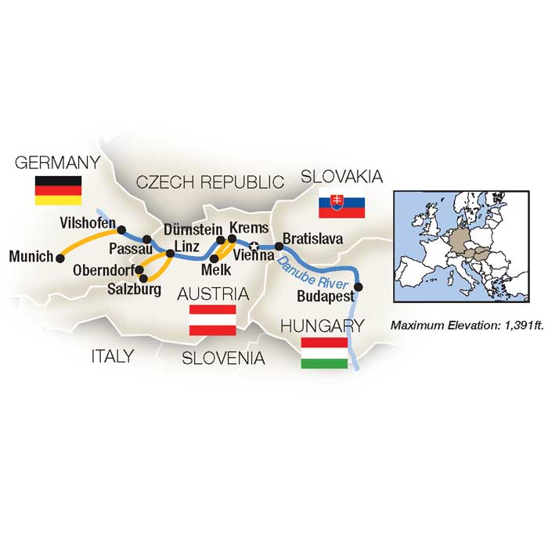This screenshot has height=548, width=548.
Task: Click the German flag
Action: (59, 191)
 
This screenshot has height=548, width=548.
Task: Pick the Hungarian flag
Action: (325, 352)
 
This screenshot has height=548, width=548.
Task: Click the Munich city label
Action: (31, 256)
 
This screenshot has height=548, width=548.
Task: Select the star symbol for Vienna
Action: (253, 246)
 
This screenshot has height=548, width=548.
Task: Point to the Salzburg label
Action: (135, 290)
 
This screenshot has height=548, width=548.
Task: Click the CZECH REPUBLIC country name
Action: (209, 182)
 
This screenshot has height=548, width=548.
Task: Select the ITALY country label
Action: (112, 356)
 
